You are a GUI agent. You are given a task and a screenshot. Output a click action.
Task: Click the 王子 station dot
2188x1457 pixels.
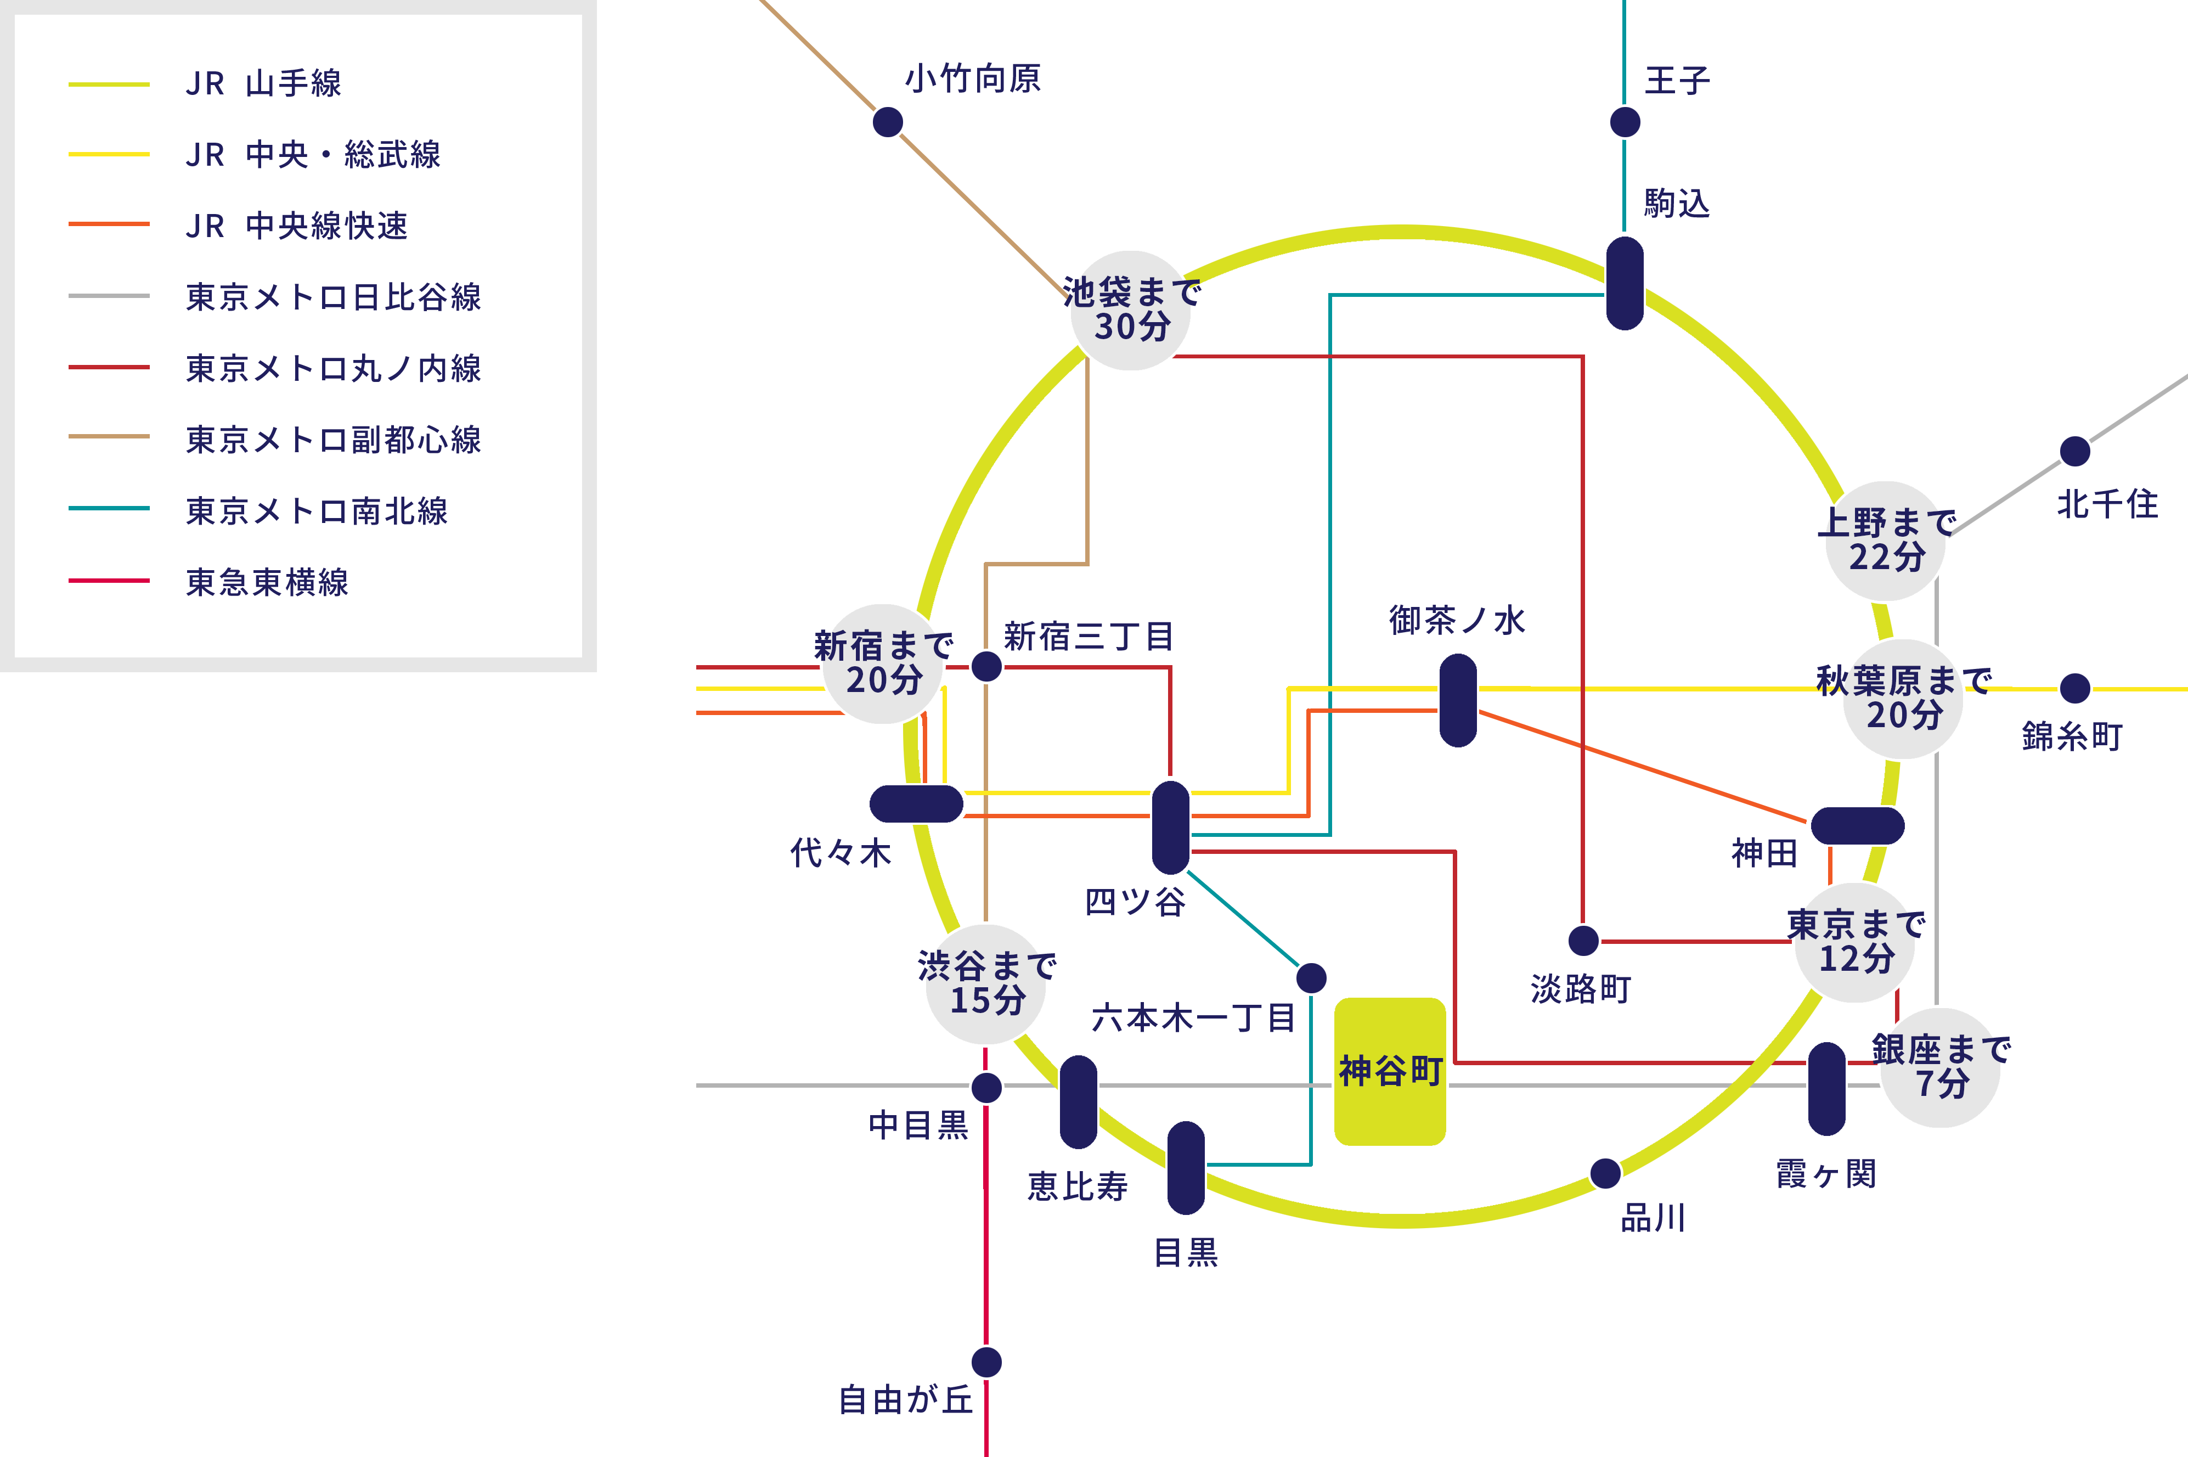click(x=1624, y=122)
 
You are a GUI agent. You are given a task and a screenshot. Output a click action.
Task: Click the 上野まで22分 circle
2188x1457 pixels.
click(x=1885, y=541)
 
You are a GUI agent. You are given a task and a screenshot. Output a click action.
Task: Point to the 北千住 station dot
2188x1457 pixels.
click(x=2074, y=452)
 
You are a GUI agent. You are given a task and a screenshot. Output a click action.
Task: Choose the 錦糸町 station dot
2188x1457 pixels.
click(x=2074, y=689)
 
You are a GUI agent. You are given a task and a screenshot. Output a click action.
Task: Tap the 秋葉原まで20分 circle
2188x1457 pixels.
click(x=1902, y=699)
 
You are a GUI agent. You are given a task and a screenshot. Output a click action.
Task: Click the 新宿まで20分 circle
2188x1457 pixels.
click(x=883, y=663)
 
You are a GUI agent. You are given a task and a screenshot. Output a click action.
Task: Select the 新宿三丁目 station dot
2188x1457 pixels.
click(x=986, y=666)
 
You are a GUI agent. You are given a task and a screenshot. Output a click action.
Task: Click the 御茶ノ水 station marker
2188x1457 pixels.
click(x=1458, y=700)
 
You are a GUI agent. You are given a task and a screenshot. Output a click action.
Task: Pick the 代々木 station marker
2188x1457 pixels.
click(x=917, y=804)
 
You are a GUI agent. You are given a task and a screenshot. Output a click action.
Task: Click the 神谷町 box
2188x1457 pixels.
click(x=1390, y=1071)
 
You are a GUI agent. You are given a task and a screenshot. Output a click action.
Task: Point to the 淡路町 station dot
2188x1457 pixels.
click(x=1583, y=941)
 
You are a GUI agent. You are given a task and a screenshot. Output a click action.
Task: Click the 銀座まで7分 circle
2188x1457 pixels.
click(x=1940, y=1067)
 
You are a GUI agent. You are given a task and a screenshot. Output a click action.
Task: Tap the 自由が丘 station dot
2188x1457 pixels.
click(x=986, y=1362)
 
